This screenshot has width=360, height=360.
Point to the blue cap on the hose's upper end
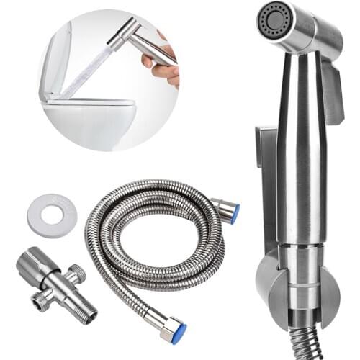pyautogui.click(x=235, y=213)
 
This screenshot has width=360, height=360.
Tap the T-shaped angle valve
pyautogui.click(x=55, y=281)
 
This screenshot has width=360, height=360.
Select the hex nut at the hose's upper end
pyautogui.click(x=225, y=208)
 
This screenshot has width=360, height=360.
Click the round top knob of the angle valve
pyautogui.click(x=32, y=264)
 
